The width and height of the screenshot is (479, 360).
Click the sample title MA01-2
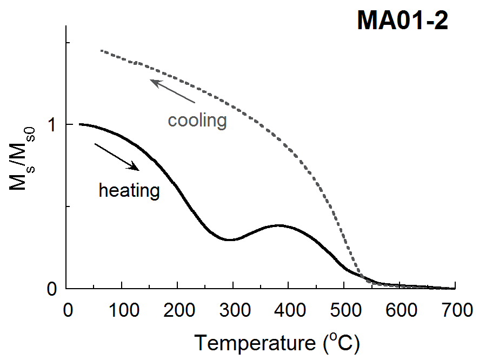pyautogui.click(x=402, y=21)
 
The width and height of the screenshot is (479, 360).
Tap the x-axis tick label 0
pyautogui.click(x=67, y=311)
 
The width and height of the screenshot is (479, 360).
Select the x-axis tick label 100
pyautogui.click(x=122, y=311)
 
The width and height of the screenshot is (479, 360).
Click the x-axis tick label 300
pyautogui.click(x=233, y=311)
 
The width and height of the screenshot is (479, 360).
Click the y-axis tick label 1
pyautogui.click(x=52, y=125)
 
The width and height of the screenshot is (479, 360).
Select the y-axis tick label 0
pyautogui.click(x=52, y=289)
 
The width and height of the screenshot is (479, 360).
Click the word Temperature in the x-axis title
pyautogui.click(x=254, y=342)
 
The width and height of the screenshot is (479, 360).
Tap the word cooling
pyautogui.click(x=197, y=120)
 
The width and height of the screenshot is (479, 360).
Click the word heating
pyautogui.click(x=129, y=190)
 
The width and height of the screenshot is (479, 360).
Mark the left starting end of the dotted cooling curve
pyautogui.click(x=102, y=51)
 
